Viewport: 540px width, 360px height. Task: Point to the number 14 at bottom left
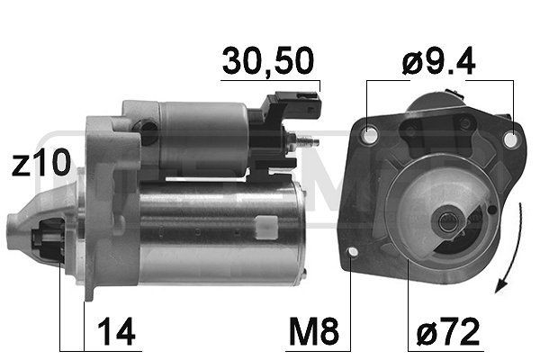(117, 332)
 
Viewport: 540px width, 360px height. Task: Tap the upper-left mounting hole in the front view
(369, 135)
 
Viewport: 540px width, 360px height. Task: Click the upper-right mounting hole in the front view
(511, 140)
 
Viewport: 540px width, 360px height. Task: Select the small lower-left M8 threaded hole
(352, 252)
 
